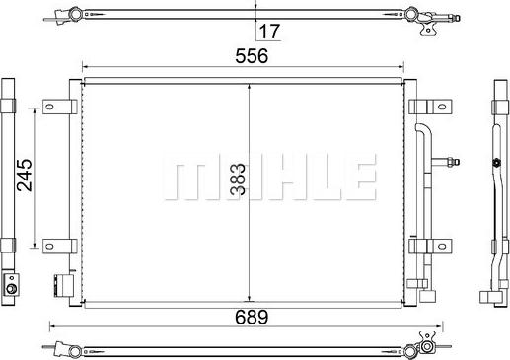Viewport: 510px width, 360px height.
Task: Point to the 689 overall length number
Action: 251,317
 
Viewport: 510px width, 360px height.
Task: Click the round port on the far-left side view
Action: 11,289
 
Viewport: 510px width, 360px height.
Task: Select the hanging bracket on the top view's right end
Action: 428,29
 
